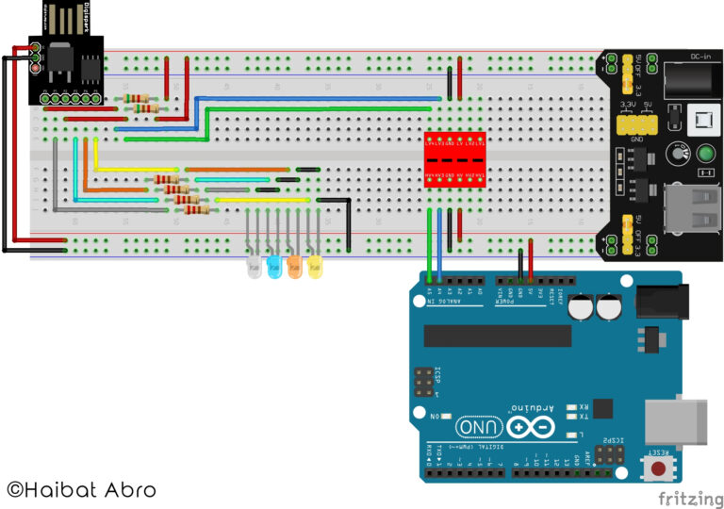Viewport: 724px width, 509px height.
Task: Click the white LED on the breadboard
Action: (253, 268)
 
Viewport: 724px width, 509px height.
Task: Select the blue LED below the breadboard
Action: (273, 268)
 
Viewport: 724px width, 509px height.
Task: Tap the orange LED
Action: (294, 268)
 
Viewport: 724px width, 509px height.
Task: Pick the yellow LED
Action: (315, 268)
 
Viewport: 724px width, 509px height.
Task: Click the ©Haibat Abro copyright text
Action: (81, 489)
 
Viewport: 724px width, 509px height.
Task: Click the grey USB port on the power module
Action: (692, 205)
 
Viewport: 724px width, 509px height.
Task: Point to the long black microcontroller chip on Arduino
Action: (497, 336)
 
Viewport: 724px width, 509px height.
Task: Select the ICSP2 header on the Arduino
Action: (613, 455)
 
